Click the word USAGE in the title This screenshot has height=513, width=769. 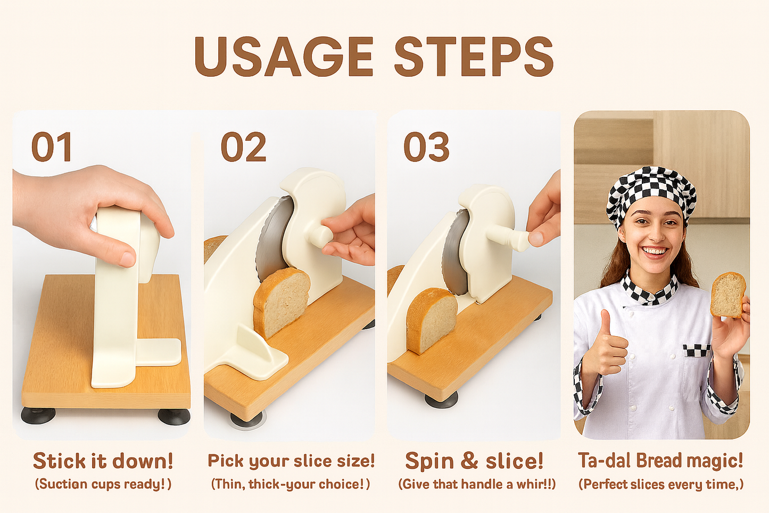tap(284, 57)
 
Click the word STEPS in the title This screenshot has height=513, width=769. tap(474, 57)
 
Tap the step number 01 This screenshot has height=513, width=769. tap(52, 148)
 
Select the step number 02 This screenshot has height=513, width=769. tap(243, 148)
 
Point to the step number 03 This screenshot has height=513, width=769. tap(426, 148)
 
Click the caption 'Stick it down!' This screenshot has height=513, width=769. tap(103, 461)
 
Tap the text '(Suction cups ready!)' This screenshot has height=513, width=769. tap(103, 484)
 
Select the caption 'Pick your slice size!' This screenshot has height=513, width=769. tap(291, 461)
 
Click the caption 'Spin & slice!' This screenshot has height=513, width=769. tap(474, 461)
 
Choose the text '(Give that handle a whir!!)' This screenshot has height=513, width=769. tap(477, 484)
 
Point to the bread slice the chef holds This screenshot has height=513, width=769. tap(727, 295)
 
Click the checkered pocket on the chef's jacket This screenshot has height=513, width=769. tap(697, 351)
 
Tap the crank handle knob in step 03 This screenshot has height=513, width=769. tap(520, 241)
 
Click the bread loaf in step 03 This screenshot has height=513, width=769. tap(431, 320)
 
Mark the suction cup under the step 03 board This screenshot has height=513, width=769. tap(441, 400)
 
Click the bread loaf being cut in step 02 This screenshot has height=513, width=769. tap(281, 301)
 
